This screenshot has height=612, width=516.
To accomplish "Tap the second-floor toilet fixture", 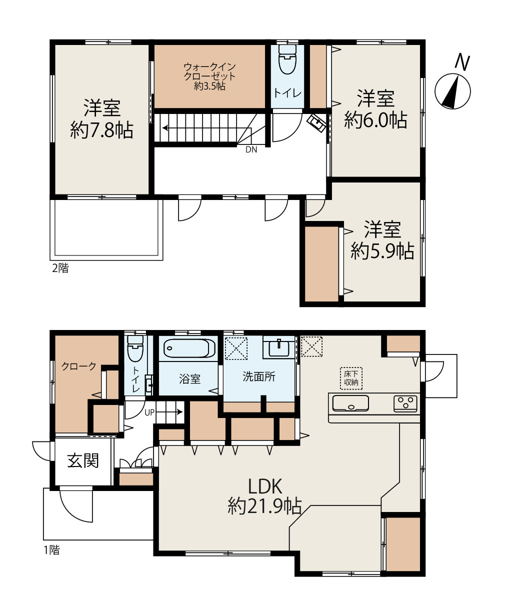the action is (x=287, y=59).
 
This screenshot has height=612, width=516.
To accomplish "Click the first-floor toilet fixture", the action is (x=135, y=348).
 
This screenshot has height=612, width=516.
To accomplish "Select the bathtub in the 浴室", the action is (x=189, y=348).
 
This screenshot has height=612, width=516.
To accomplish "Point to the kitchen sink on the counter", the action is (x=350, y=403).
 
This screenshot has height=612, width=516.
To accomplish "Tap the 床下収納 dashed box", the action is (x=351, y=378).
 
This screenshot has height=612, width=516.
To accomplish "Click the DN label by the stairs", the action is (x=251, y=149).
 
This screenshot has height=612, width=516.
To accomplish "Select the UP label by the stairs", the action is (x=149, y=412).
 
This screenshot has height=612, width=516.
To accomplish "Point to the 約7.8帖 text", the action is (x=101, y=130).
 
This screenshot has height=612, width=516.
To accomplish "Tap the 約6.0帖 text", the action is (x=375, y=119).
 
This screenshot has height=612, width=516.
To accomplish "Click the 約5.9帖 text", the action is (x=382, y=251).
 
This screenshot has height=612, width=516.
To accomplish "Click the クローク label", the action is (x=78, y=366).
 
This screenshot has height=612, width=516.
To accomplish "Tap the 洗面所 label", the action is (x=259, y=376).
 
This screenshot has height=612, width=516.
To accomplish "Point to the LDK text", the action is (x=265, y=486).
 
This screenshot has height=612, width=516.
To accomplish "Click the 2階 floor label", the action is (x=60, y=268).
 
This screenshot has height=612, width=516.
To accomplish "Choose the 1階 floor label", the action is (x=52, y=550).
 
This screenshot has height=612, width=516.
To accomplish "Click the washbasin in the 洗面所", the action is (x=279, y=348).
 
